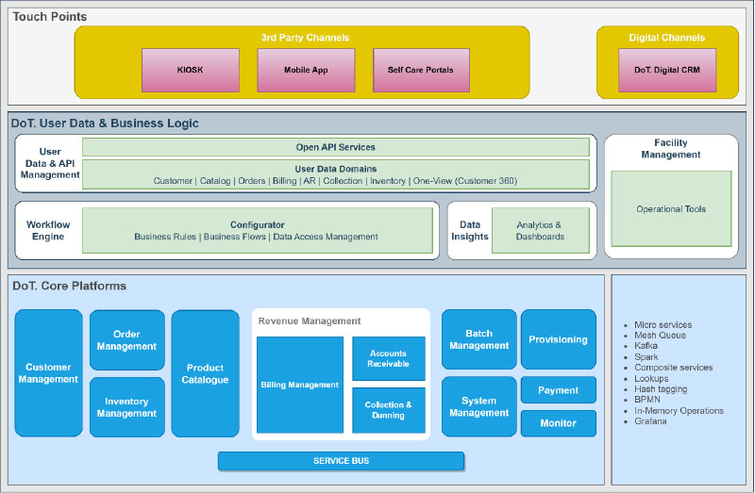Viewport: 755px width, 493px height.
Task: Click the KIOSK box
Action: pos(190,71)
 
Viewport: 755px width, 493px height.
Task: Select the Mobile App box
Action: pos(305,71)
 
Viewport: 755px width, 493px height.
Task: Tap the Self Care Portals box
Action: pos(420,71)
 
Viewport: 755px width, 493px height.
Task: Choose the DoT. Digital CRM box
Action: pos(666,71)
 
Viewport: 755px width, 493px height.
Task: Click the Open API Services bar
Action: pos(335,147)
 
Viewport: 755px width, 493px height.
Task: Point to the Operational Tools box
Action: pos(670,209)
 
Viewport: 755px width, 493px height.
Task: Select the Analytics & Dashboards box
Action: pos(540,231)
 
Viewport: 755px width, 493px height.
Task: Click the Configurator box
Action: pos(257,231)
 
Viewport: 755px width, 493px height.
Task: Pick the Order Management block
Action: pos(126,340)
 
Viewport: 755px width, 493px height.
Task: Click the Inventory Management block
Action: pos(126,407)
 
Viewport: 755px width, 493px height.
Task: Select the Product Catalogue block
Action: pos(205,373)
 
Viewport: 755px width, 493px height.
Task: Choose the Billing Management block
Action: pos(299,385)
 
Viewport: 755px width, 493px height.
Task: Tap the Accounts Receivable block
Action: pos(388,358)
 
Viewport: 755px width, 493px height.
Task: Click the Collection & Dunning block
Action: pos(388,410)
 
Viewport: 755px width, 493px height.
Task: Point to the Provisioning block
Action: pos(558,339)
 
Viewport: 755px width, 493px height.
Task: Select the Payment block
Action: pos(558,390)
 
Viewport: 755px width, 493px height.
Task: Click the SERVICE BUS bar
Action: pos(341,461)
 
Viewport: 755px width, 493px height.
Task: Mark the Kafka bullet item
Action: pos(646,346)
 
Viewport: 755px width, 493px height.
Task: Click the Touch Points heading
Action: pos(50,17)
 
